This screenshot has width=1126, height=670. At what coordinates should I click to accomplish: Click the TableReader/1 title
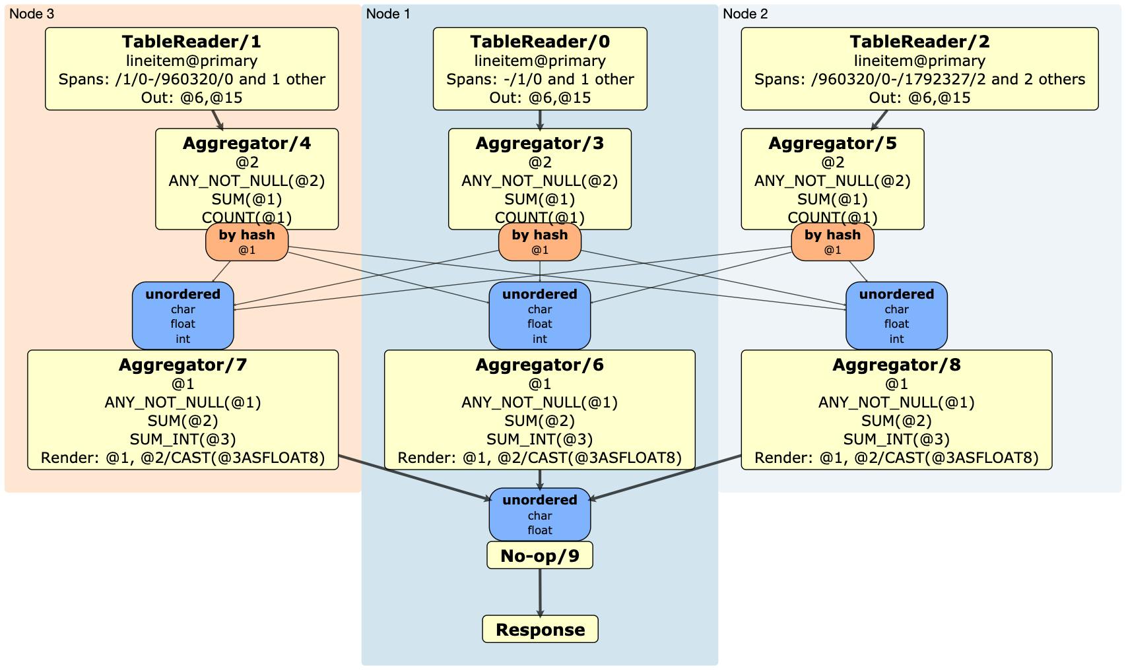[x=191, y=42]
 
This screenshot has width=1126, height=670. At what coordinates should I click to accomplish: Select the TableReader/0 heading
[x=540, y=42]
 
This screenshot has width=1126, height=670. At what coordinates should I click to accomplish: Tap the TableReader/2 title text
[x=919, y=42]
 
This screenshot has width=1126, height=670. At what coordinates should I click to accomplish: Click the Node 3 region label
[x=32, y=14]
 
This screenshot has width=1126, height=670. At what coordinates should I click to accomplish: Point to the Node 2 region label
[x=745, y=14]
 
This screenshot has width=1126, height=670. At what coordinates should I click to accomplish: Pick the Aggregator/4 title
[x=247, y=143]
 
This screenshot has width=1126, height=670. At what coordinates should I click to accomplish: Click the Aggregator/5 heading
[x=832, y=143]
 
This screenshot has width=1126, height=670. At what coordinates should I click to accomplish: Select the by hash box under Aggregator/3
[x=540, y=241]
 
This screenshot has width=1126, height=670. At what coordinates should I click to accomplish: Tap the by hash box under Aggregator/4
[x=247, y=241]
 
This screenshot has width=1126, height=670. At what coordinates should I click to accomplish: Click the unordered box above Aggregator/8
[x=896, y=315]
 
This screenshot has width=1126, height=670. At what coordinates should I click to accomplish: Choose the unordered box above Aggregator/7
[x=183, y=315]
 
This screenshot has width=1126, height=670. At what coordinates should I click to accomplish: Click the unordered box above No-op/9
[x=540, y=514]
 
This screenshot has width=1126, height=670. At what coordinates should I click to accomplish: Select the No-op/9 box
[x=540, y=555]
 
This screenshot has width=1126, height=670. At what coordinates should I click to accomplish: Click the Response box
[x=540, y=629]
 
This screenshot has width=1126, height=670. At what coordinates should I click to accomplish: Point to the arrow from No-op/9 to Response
[x=540, y=592]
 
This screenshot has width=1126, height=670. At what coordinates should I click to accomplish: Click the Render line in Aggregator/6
[x=540, y=458]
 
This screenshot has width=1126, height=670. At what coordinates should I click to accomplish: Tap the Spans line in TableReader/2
[x=919, y=79]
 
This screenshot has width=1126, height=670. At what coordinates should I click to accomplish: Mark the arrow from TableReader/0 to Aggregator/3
[x=540, y=119]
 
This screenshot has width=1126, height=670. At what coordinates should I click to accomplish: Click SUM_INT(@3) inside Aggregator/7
[x=183, y=439]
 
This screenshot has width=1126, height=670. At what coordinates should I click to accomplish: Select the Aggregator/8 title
[x=896, y=365]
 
